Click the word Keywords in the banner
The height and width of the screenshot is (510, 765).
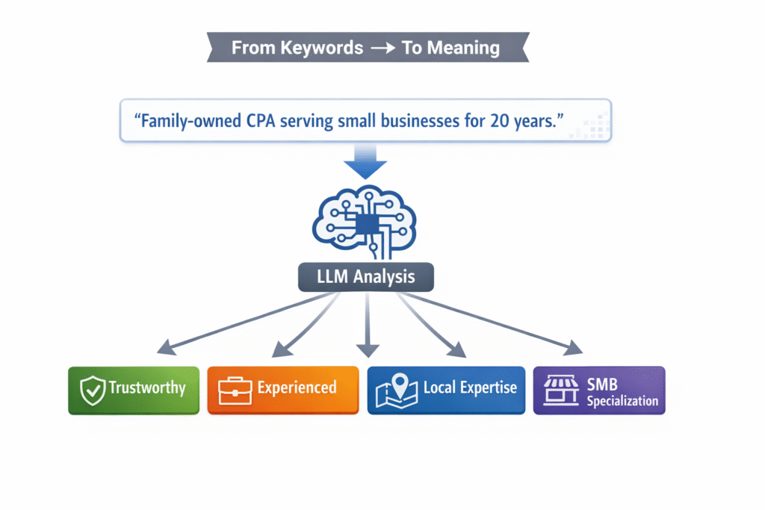coord(326,48)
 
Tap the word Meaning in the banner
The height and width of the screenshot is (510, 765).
coord(462,48)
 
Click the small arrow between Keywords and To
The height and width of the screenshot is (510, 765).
coord(382,49)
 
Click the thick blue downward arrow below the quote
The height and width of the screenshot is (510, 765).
coord(365,160)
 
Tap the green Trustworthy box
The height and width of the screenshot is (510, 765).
coord(134,390)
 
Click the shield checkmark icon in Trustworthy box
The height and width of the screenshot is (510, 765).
coord(93,390)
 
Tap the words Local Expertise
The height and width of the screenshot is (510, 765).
coord(469,388)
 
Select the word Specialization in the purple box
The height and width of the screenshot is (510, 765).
coord(622,401)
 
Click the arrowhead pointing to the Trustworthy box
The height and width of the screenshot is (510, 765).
coord(165,346)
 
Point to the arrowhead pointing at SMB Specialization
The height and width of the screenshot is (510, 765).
coord(574,348)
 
